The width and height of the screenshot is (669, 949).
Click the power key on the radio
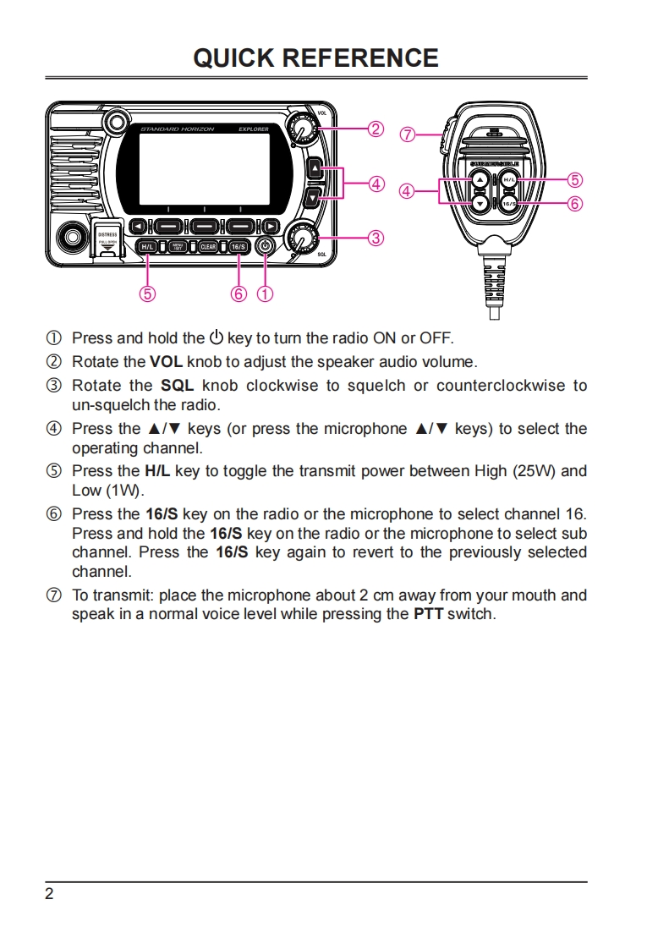[x=266, y=246]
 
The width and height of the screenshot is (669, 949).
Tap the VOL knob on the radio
[x=300, y=129]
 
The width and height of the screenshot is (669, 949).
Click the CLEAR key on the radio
[x=208, y=247]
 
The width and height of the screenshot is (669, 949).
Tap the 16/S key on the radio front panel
[x=239, y=247]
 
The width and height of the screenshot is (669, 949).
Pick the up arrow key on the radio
[x=315, y=169]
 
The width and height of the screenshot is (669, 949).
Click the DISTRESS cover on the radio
[x=107, y=240]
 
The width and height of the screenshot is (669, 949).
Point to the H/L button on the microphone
[x=509, y=180]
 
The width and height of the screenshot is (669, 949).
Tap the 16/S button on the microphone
[x=509, y=204]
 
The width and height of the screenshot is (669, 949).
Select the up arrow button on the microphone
[x=480, y=180]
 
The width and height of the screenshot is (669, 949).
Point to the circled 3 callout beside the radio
[x=376, y=238]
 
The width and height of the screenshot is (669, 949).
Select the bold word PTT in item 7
[x=428, y=614]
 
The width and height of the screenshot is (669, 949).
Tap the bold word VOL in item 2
[x=166, y=362]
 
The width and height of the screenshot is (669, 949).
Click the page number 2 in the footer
[x=49, y=895]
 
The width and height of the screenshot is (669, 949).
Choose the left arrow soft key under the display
[x=138, y=226]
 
